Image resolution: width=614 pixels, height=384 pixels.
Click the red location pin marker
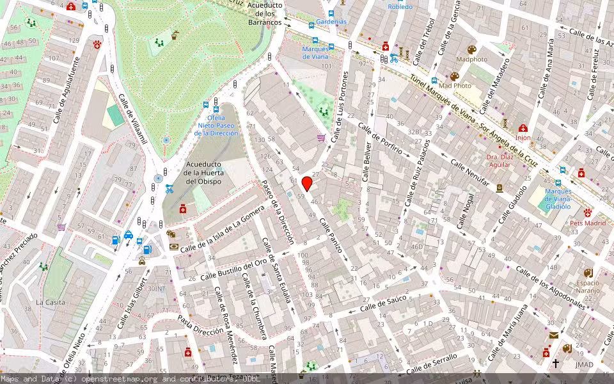pos(307,184)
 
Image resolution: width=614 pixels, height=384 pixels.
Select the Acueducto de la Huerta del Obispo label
pos(202,173)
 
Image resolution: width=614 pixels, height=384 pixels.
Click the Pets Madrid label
pos(587,223)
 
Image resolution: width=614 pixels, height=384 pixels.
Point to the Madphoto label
pos(472,60)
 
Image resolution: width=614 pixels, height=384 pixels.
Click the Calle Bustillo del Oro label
pos(233,269)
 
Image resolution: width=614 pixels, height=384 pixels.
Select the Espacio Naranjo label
pos(588,286)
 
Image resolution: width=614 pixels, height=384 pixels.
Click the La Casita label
pos(50,302)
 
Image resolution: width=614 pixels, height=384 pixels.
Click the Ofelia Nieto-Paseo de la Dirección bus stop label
pos(216,125)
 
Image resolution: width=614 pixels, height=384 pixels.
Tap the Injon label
pos(523,138)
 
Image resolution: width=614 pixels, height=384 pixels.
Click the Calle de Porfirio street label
pos(381,140)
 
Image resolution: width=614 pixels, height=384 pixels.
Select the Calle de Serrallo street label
pos(432,362)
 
